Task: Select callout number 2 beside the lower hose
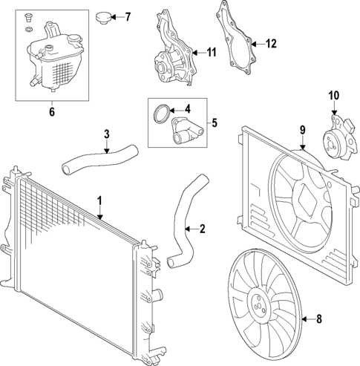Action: (x=203, y=229)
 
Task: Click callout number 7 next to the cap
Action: (x=127, y=16)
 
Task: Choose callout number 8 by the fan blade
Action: (x=320, y=320)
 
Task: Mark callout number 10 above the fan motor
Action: (x=333, y=95)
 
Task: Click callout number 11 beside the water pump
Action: (x=212, y=52)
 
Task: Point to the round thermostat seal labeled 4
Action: (x=159, y=113)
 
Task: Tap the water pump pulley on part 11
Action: (x=164, y=59)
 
